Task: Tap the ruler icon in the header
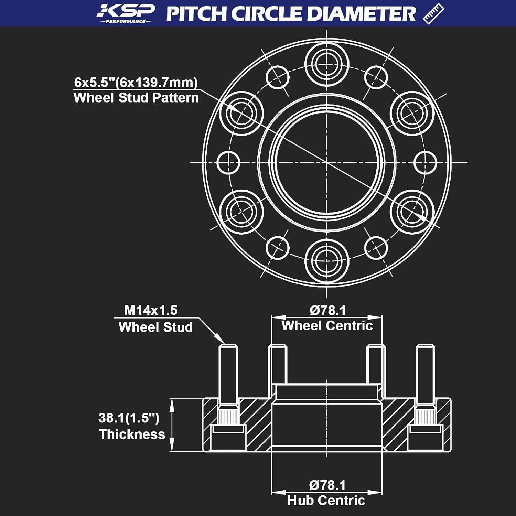(433, 14)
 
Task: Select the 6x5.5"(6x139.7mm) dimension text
(136, 83)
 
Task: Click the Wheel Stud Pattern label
(136, 98)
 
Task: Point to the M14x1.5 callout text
(151, 310)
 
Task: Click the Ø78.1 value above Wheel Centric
(327, 311)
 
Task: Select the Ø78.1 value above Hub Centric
(327, 485)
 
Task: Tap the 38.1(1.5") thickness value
(129, 418)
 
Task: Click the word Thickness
(132, 434)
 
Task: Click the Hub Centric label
(326, 501)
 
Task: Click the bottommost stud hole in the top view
(327, 261)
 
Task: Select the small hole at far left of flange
(228, 162)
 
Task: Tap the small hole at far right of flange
(425, 162)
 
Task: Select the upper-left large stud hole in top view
(241, 113)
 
